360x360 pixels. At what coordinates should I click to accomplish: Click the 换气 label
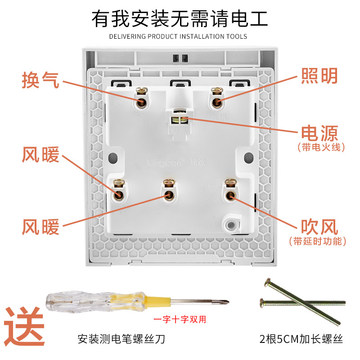point(40,80)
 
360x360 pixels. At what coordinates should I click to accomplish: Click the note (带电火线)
point(321,147)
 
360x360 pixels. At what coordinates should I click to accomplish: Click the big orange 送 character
point(24,325)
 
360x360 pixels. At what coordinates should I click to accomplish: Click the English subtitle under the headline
point(178,37)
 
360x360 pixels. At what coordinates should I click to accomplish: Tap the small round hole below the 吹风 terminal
point(231,224)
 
